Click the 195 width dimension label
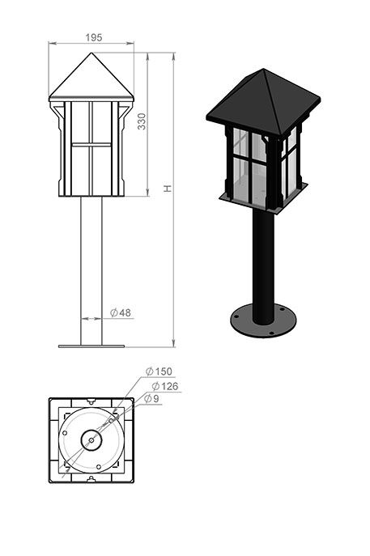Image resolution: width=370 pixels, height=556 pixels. click(94, 37)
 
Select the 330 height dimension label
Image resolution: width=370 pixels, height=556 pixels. click(142, 121)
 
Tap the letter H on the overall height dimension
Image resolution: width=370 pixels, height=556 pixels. click(168, 189)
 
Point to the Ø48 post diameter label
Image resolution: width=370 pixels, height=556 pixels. click(121, 312)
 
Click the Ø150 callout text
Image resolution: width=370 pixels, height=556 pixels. click(159, 371)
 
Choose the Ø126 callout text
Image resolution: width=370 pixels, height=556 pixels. click(165, 386)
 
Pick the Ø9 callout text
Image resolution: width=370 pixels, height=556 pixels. click(152, 398)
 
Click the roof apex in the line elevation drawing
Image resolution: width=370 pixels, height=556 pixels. click(91, 53)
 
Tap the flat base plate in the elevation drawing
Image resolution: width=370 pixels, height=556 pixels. click(91, 346)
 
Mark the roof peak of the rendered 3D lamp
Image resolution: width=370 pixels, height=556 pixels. click(263, 69)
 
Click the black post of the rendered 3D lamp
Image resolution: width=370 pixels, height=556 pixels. click(263, 266)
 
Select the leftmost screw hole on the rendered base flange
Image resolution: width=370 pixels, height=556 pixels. click(236, 316)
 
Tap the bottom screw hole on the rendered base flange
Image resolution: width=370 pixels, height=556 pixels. click(271, 333)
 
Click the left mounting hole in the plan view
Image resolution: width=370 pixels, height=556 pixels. click(65, 433)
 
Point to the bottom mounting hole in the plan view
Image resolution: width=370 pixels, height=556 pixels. click(99, 467)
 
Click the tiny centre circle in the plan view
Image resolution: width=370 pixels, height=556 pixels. click(91, 440)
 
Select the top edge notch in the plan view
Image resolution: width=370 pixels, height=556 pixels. click(91, 401)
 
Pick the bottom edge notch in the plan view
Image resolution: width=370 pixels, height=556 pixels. click(91, 479)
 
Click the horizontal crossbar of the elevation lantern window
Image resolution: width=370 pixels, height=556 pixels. click(91, 145)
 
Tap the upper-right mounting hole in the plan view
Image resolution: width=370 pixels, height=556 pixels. click(111, 421)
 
